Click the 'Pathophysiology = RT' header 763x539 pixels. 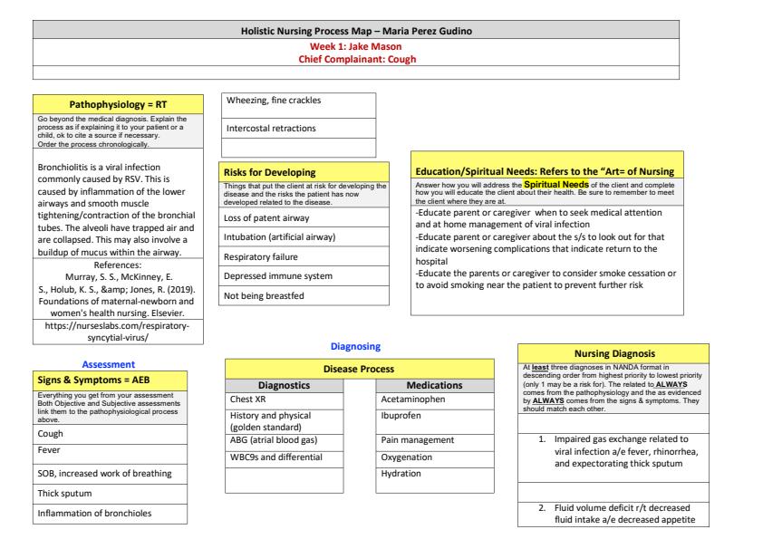[x=110, y=104]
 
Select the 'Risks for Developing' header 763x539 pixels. [x=269, y=171]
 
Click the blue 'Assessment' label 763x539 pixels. [x=110, y=363]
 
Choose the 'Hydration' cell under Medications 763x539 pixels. [x=408, y=474]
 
